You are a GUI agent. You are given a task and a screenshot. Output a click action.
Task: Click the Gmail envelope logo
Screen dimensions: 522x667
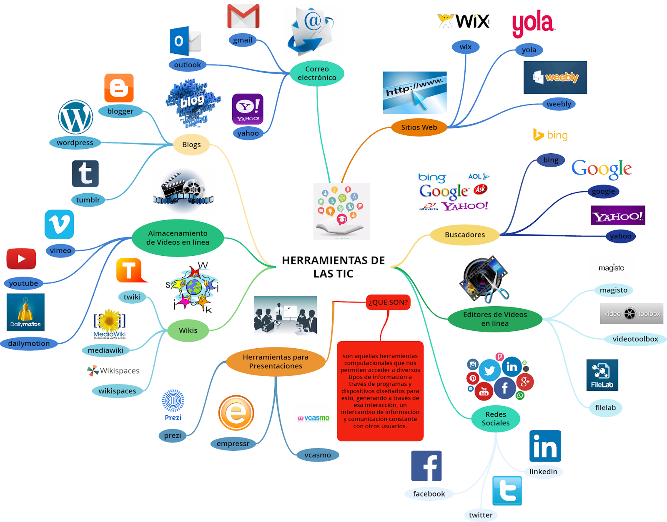243,16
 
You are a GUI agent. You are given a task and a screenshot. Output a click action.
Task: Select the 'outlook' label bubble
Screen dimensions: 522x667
188,65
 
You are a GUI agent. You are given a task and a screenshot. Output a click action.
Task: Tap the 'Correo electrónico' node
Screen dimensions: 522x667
317,73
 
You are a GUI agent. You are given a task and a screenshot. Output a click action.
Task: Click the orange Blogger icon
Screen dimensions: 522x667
119,88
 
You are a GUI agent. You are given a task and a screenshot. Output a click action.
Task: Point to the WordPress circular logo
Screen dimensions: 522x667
75,117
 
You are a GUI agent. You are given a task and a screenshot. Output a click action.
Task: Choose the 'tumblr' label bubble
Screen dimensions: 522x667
88,200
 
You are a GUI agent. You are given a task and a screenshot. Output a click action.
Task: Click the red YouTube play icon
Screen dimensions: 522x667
21,259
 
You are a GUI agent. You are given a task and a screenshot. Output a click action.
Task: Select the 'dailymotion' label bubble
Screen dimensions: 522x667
29,344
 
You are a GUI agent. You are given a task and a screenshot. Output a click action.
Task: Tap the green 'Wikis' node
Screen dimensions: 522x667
188,330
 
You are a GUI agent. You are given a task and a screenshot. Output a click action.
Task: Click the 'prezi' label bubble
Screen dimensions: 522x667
172,436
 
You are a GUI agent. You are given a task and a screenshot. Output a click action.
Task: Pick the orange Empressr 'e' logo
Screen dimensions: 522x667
236,413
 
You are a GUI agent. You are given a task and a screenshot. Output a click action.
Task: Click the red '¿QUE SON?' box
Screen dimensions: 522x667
388,302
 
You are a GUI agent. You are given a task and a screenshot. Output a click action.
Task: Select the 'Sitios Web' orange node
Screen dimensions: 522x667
419,127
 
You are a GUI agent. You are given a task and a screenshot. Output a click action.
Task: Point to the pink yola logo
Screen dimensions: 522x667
533,23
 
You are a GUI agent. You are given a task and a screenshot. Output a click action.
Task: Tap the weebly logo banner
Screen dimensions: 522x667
555,77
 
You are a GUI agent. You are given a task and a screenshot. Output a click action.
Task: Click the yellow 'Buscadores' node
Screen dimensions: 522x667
465,235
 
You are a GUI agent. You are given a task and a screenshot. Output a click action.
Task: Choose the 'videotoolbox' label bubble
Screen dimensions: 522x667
635,339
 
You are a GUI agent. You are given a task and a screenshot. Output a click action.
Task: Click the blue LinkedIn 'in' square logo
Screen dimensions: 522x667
545,446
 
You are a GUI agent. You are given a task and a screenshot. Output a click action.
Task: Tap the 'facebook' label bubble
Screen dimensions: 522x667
429,494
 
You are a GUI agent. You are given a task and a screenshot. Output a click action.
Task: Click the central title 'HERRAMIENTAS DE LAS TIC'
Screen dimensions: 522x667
333,267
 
